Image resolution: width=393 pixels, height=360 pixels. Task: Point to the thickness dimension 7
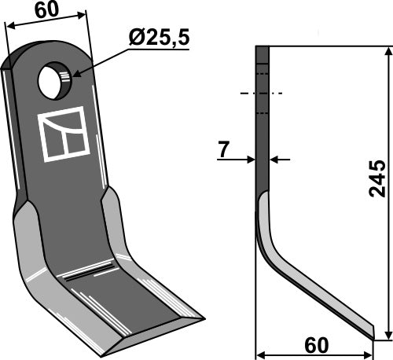click(223, 149)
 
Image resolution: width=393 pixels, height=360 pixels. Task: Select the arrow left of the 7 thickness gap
click(251, 160)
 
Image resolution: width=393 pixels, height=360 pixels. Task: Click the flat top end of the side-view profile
click(263, 47)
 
